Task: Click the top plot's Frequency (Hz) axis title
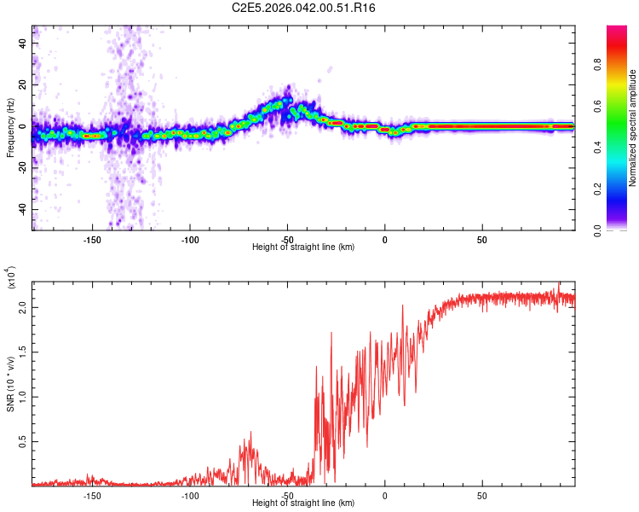pyautogui.click(x=10, y=128)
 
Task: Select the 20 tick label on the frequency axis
pyautogui.click(x=23, y=84)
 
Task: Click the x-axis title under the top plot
pyautogui.click(x=303, y=247)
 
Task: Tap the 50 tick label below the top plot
pyautogui.click(x=482, y=238)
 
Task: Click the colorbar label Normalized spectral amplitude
pyautogui.click(x=632, y=128)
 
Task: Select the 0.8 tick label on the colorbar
pyautogui.click(x=621, y=62)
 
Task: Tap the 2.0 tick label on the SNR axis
pyautogui.click(x=23, y=308)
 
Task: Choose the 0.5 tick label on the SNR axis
pyautogui.click(x=23, y=441)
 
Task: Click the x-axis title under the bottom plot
pyautogui.click(x=303, y=503)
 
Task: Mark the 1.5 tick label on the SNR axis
pyautogui.click(x=23, y=352)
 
